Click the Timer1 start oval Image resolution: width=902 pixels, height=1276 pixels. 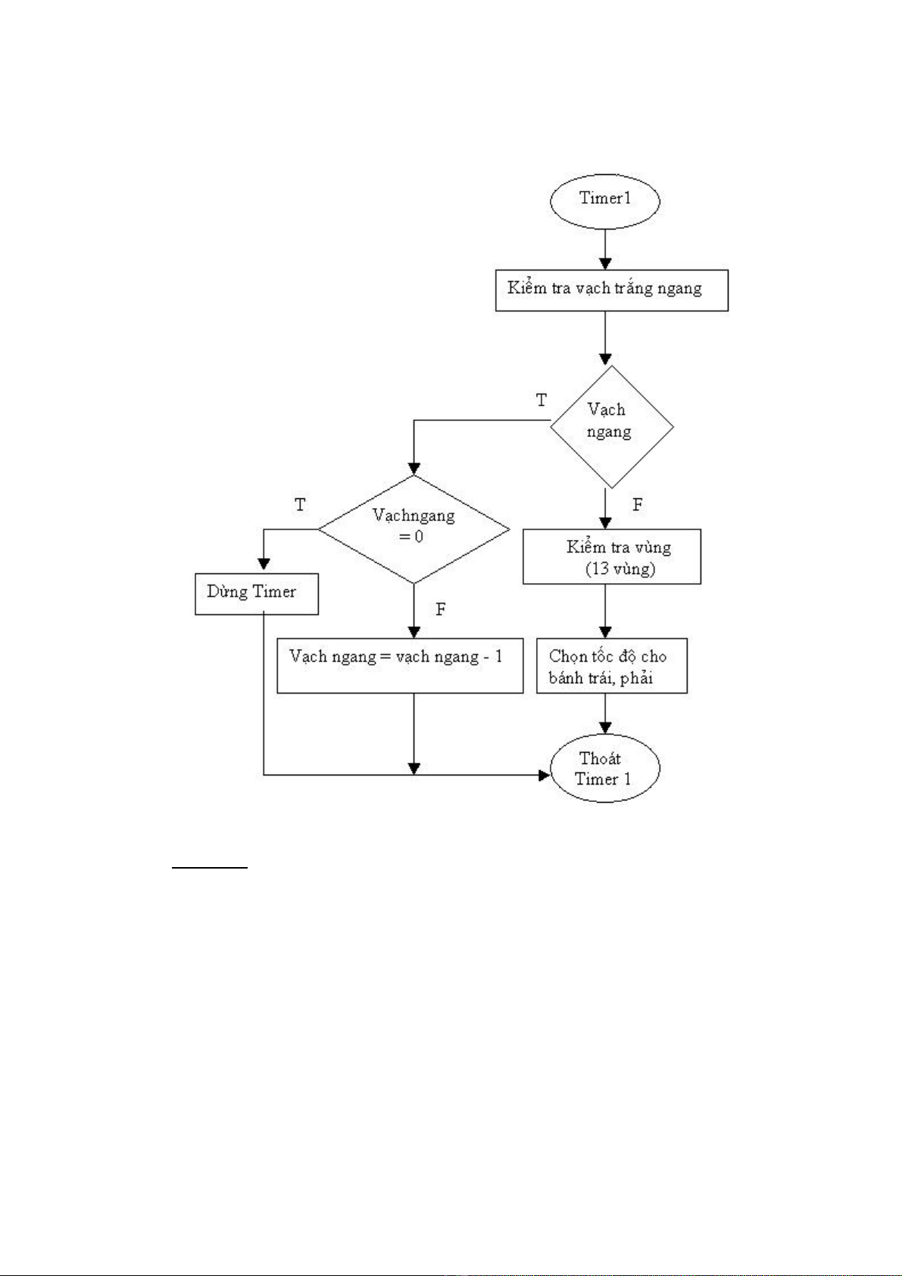[604, 200]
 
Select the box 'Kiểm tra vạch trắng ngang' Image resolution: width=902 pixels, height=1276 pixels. [611, 290]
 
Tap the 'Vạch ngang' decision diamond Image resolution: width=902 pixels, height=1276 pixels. [611, 426]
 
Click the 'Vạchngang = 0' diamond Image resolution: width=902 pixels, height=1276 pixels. [414, 529]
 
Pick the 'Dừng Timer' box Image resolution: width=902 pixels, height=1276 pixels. [256, 594]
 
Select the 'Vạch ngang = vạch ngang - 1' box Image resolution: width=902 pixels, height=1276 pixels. [400, 666]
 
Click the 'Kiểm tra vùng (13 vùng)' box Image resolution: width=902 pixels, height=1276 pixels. [611, 557]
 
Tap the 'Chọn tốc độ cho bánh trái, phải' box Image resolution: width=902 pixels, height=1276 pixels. [611, 666]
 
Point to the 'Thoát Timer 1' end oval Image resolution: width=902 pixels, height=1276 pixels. [604, 769]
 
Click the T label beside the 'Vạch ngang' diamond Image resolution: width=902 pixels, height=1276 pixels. [541, 401]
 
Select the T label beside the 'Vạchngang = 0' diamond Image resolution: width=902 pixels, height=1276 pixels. [300, 505]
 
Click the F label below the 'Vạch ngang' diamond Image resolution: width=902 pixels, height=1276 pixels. [638, 505]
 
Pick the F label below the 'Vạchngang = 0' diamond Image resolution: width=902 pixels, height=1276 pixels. [441, 610]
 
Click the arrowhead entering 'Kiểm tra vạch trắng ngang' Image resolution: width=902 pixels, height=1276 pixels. [605, 264]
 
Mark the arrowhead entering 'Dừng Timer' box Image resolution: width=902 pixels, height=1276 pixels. [264, 563]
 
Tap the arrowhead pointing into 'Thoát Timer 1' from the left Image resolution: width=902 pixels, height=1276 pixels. [544, 775]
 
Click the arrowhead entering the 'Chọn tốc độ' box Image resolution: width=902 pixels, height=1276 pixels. [605, 632]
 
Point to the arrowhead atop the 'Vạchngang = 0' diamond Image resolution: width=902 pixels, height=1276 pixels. [414, 468]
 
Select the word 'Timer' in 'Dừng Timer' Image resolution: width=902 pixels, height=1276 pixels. [273, 592]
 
